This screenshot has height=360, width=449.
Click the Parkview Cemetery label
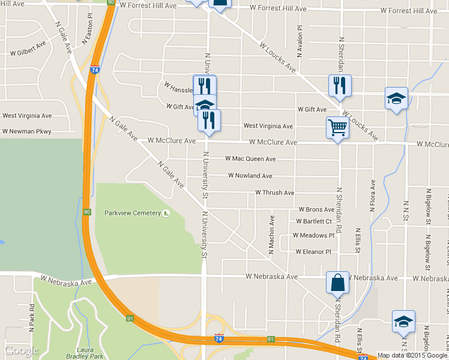point(133,213)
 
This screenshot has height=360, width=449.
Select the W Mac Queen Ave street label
point(250,159)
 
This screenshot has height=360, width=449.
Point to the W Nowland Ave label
point(250,176)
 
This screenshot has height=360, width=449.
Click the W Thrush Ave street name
point(274,193)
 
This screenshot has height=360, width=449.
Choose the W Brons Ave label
point(316,210)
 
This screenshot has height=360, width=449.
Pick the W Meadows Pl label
point(313,235)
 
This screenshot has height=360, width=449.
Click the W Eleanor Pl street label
point(313,251)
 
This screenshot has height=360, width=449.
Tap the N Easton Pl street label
point(89,29)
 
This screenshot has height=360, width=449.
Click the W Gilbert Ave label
point(28,49)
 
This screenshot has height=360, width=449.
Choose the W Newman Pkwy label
point(26,131)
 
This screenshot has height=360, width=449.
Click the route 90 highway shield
point(87,212)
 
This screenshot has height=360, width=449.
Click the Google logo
point(21,350)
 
